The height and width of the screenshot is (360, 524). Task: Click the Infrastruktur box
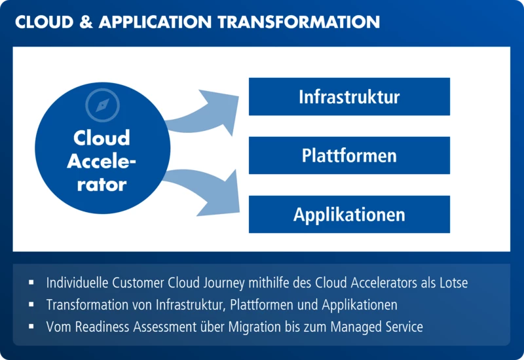point(349,96)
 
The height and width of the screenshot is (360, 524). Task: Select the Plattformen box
point(349,155)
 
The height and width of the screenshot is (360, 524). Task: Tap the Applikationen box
point(349,214)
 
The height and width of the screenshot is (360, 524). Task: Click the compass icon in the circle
point(102,105)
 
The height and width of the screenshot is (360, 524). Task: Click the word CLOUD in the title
point(45,22)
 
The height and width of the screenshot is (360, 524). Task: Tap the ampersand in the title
point(86,22)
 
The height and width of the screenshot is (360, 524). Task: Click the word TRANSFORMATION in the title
point(299,22)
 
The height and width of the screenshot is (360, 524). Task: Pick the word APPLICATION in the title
point(155,22)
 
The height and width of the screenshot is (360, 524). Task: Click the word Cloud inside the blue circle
point(102,137)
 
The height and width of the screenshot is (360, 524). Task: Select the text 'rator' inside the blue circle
point(102,185)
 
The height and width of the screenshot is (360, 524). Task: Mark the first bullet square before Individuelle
point(31,283)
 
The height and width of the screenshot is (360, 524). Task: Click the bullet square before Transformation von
point(31,304)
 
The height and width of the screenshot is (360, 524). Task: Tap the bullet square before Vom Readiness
point(31,327)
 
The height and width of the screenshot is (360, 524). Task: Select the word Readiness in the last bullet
point(102,327)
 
